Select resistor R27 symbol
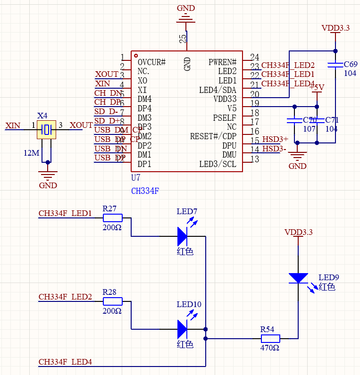click(112, 218)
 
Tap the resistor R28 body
click(112, 301)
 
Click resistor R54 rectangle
click(270, 338)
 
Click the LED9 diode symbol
click(298, 278)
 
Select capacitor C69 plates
click(335, 65)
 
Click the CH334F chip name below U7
click(145, 191)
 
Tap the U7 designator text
click(136, 178)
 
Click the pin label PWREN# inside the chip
click(222, 62)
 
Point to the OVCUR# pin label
click(151, 62)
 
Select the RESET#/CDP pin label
click(213, 136)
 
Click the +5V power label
click(317, 87)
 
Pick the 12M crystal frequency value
click(32, 153)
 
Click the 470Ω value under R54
click(270, 348)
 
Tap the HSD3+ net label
click(275, 139)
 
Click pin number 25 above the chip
click(183, 38)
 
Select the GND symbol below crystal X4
click(48, 176)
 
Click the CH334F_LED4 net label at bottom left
click(65, 362)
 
